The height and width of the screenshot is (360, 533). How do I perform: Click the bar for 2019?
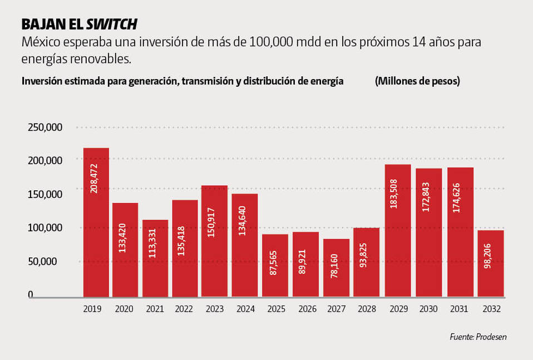point(96,222)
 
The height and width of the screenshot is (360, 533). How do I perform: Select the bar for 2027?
point(337,268)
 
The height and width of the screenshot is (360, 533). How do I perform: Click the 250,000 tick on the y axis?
point(45,127)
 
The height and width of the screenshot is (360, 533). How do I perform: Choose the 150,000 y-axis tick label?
point(45,194)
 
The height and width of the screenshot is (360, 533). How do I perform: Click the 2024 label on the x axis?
point(244,309)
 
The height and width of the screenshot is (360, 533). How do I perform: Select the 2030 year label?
point(429,309)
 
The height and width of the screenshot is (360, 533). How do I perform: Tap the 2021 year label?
point(154,309)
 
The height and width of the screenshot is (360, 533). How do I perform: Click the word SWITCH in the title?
point(111,24)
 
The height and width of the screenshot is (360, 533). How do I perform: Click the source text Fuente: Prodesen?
point(478,337)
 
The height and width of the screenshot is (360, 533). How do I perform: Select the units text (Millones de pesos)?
point(417,81)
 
